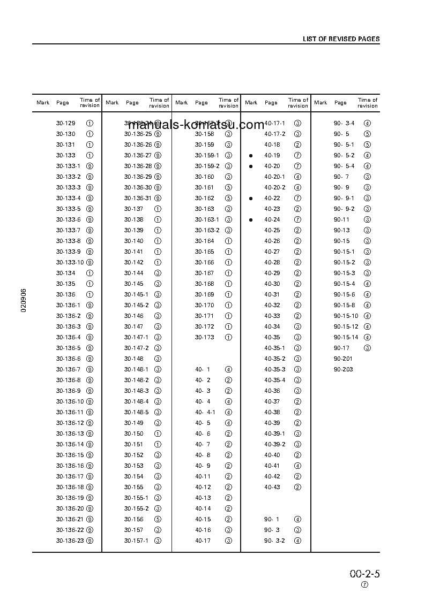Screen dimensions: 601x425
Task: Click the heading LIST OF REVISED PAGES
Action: [341, 39]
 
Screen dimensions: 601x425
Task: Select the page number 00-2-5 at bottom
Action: [364, 574]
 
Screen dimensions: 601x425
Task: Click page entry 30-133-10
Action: [70, 262]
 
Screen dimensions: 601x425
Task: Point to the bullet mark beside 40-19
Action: [250, 156]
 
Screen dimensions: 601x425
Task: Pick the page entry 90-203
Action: [343, 369]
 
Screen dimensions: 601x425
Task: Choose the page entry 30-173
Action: [204, 337]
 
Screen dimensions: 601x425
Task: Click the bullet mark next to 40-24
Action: [250, 220]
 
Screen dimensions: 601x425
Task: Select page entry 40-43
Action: [272, 487]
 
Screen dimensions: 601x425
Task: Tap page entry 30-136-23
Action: [70, 541]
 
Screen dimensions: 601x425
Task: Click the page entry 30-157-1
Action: [136, 541]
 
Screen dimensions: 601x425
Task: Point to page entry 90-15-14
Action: [346, 337]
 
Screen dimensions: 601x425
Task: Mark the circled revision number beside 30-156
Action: [158, 519]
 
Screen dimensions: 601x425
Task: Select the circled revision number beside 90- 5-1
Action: [367, 144]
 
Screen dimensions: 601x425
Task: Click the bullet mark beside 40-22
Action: [250, 199]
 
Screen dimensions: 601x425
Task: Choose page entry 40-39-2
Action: [274, 444]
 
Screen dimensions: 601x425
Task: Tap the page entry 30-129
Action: [65, 123]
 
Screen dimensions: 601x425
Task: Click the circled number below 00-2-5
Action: [364, 585]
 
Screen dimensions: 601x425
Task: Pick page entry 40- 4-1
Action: [205, 412]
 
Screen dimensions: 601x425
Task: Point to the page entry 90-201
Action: [343, 359]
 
